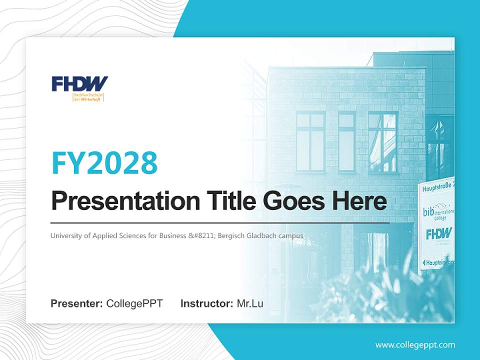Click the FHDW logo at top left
pos(80,83)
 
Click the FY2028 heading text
pos(104,162)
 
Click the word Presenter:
pos(77,303)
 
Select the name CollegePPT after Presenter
pos(134,303)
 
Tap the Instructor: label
pos(207,303)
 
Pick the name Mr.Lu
pos(250,303)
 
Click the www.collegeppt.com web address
pos(415,344)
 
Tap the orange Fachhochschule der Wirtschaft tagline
pos(88,97)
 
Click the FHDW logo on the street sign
pos(439,233)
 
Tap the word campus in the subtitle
pos(292,235)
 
